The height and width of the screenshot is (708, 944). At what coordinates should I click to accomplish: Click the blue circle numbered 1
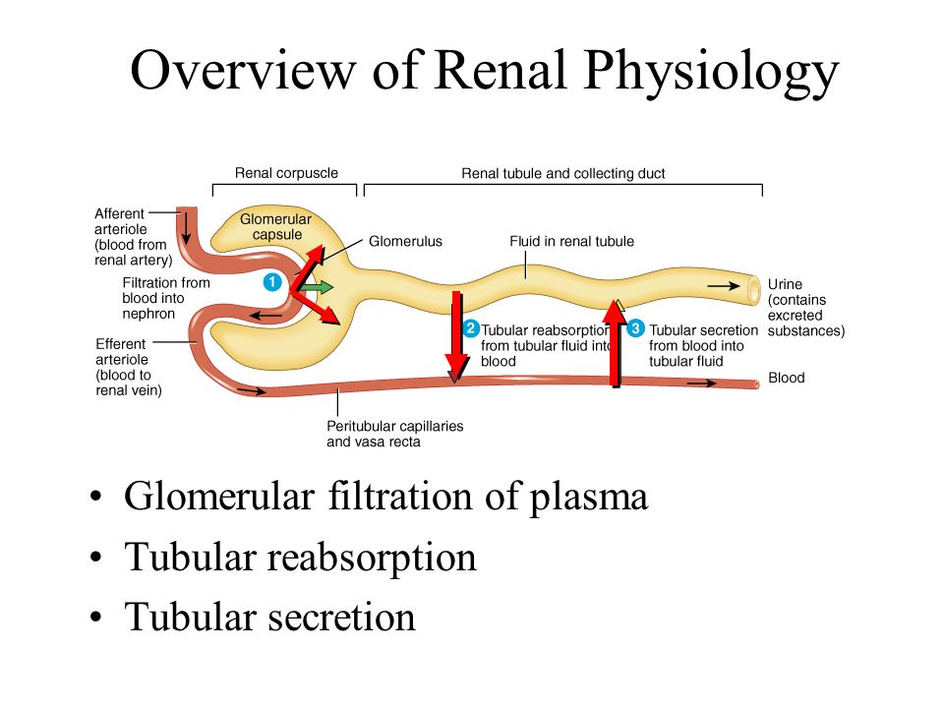[272, 282]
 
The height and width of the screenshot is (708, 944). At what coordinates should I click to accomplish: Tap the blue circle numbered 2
[471, 328]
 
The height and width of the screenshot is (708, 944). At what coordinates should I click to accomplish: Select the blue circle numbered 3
[635, 328]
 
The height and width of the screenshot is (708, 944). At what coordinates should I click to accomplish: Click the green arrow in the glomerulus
[316, 287]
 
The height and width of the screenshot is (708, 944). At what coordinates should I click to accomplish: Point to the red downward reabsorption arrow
[457, 336]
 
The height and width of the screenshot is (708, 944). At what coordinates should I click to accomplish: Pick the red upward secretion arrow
[615, 343]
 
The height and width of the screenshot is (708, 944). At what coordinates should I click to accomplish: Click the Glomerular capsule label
[275, 227]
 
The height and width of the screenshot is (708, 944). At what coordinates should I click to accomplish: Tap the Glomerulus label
[405, 242]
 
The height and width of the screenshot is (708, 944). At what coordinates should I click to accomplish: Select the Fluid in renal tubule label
[571, 242]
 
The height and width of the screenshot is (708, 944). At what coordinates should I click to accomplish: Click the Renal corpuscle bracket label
[286, 173]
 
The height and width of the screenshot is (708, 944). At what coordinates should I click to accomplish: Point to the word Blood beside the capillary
[787, 378]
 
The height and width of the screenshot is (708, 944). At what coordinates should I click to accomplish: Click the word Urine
[785, 284]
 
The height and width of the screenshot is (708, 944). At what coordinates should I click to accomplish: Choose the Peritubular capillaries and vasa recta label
[395, 434]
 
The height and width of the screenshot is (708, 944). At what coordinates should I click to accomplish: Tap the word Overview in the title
[243, 71]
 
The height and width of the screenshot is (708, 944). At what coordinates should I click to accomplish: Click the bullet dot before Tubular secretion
[95, 618]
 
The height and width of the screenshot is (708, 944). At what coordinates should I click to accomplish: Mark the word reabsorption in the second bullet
[372, 559]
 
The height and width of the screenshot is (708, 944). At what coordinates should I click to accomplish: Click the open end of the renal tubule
[753, 289]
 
